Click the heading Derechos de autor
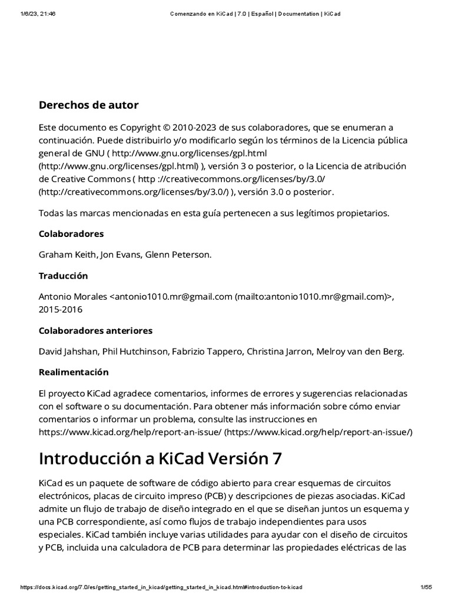[88, 105]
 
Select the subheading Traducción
[63, 276]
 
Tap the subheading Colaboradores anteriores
[95, 330]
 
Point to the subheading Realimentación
[74, 372]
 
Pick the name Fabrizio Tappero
[207, 352]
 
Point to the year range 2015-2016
[61, 309]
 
